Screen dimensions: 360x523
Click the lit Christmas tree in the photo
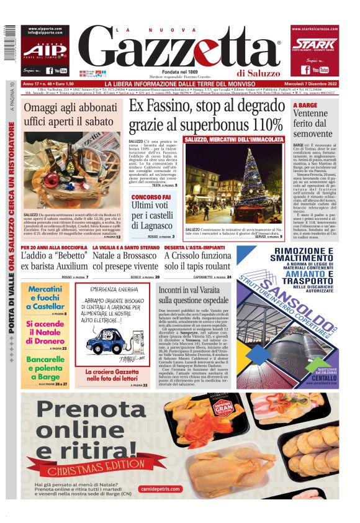252,174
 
